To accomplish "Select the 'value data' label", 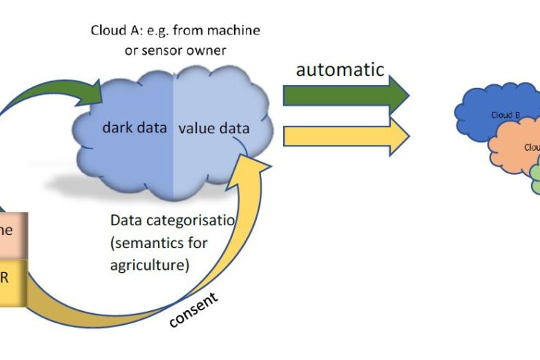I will click(214, 129).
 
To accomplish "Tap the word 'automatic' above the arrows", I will click(340, 70).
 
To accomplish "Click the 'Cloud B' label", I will click(505, 115).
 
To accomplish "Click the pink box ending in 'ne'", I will click(13, 230).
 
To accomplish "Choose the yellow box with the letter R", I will click(13, 279).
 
